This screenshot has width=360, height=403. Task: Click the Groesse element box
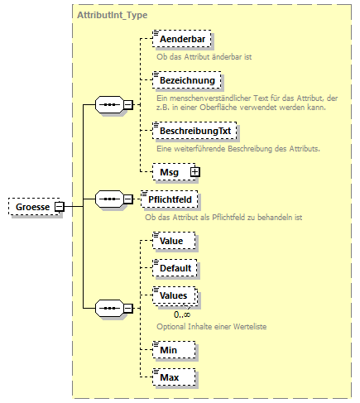[x=31, y=206]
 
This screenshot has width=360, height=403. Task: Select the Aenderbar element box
[x=182, y=39]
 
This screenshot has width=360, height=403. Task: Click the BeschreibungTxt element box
[x=190, y=131]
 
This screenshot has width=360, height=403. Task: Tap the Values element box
[x=174, y=295]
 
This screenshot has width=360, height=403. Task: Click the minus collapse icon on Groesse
[x=60, y=206]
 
